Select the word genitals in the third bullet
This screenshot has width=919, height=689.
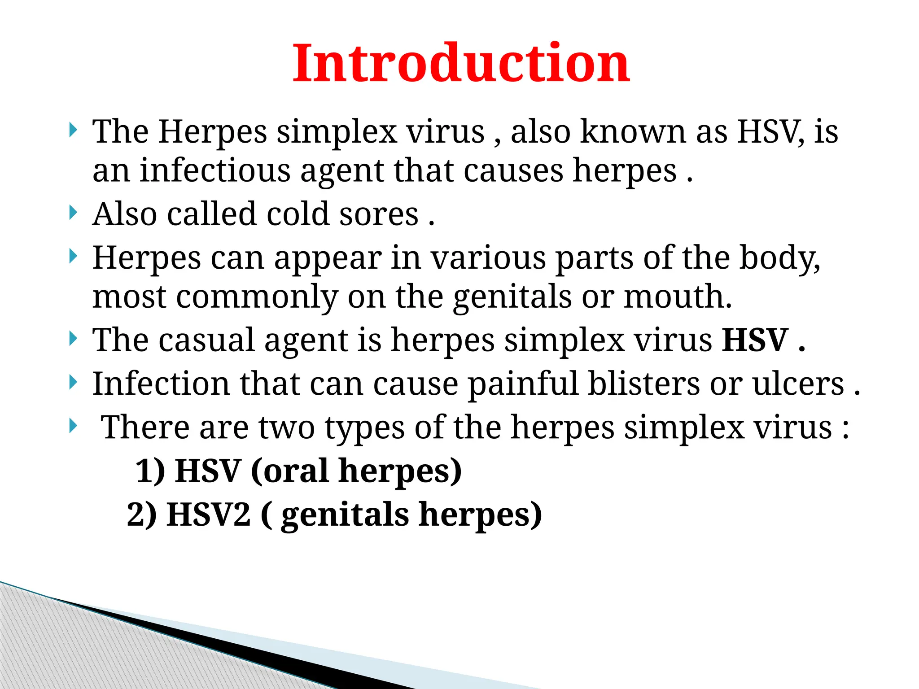(512, 297)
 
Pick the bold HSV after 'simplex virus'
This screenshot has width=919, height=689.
(755, 340)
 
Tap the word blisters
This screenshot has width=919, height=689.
(644, 384)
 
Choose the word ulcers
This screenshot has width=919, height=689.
(798, 384)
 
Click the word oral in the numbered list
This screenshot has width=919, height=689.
(296, 471)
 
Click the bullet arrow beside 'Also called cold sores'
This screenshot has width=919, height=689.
(74, 212)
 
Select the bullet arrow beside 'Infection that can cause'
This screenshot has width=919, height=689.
(74, 383)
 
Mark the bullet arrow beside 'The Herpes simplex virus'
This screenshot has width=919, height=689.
(74, 131)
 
